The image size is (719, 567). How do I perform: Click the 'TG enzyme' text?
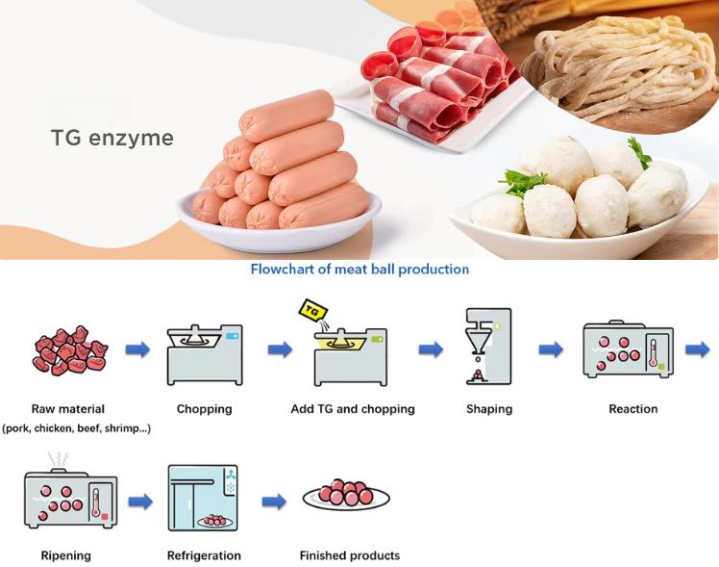(x=112, y=138)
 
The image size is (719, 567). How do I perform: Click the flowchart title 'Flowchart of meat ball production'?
(x=359, y=270)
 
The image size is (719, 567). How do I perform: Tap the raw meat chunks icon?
(x=69, y=351)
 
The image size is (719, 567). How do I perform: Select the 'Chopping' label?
(x=204, y=409)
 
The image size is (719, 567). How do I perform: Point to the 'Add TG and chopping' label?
(x=353, y=409)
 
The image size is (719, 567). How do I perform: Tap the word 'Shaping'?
(x=490, y=409)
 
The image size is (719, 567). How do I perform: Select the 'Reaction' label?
(x=632, y=409)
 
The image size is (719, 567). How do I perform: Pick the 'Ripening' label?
(x=66, y=555)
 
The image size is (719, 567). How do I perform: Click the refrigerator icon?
(x=204, y=499)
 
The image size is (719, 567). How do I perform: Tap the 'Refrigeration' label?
(x=204, y=555)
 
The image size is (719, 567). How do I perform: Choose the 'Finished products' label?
(x=349, y=555)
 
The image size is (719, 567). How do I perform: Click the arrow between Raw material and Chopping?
(x=137, y=349)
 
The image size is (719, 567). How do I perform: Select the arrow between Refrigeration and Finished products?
(x=274, y=501)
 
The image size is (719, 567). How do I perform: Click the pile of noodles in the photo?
(x=615, y=67)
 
